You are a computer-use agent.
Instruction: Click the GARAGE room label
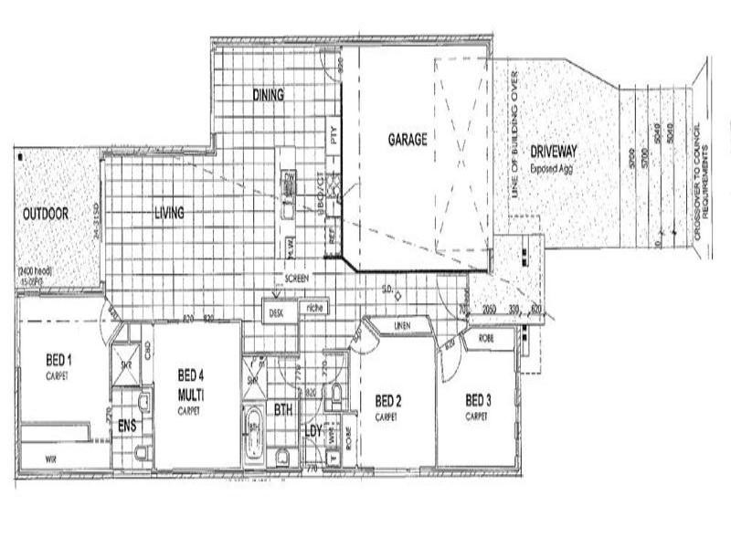pyautogui.click(x=407, y=140)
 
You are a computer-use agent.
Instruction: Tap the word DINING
pyautogui.click(x=268, y=95)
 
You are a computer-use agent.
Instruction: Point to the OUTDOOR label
pyautogui.click(x=46, y=213)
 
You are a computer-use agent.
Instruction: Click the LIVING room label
pyautogui.click(x=169, y=213)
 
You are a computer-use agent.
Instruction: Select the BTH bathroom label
pyautogui.click(x=283, y=411)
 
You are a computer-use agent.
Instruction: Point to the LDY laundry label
pyautogui.click(x=313, y=430)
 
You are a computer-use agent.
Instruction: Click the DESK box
pyautogui.click(x=276, y=312)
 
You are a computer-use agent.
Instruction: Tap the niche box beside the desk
pyautogui.click(x=316, y=308)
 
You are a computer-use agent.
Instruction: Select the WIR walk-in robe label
pyautogui.click(x=39, y=451)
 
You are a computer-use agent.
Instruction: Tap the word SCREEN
pyautogui.click(x=298, y=277)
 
